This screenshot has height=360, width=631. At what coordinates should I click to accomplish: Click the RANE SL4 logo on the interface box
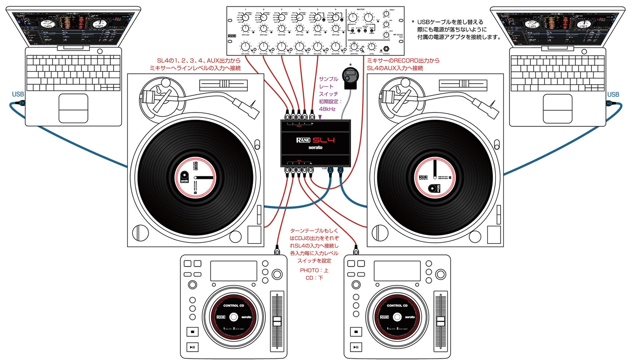click(x=315, y=140)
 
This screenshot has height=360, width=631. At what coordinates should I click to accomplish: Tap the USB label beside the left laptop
click(x=18, y=94)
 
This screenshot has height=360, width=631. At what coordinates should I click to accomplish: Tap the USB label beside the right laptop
click(x=613, y=94)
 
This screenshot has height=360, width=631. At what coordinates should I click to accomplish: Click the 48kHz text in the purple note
click(x=327, y=109)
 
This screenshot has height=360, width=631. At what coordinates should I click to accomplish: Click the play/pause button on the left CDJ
click(x=192, y=347)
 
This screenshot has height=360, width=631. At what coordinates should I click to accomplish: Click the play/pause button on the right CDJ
click(x=356, y=347)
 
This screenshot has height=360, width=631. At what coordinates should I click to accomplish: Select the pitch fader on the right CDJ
click(x=440, y=321)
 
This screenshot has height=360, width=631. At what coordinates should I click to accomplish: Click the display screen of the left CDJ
click(x=233, y=271)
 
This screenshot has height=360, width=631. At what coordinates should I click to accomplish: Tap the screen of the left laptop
click(x=73, y=29)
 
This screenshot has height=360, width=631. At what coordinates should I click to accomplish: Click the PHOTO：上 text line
click(x=314, y=270)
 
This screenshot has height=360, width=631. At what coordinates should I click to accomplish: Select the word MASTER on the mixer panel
click(x=361, y=9)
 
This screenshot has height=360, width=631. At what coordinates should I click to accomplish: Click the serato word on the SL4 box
click(x=315, y=148)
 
